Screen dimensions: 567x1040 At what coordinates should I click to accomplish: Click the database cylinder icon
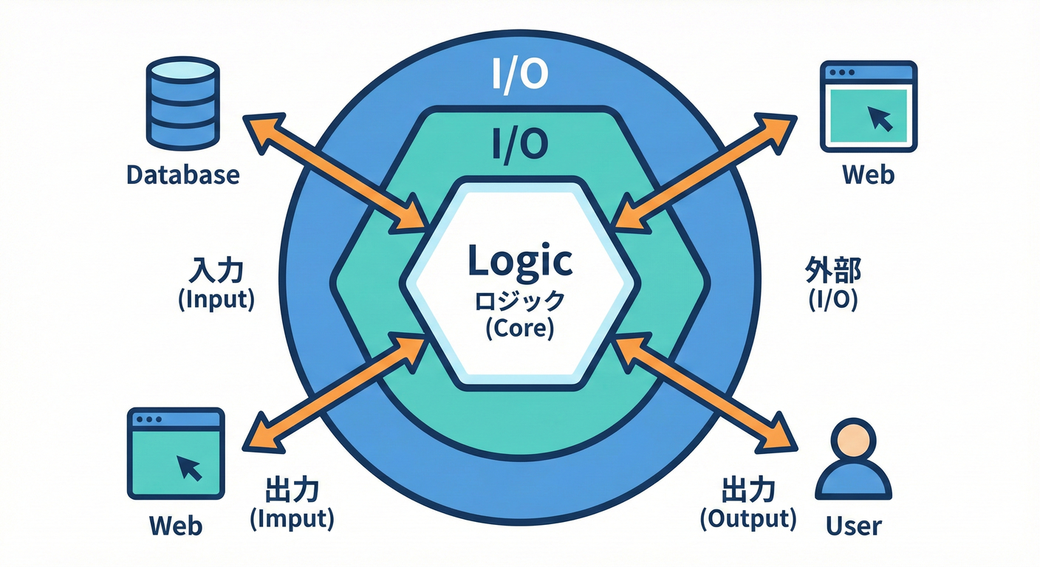[183, 105]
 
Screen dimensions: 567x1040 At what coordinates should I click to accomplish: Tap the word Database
[183, 175]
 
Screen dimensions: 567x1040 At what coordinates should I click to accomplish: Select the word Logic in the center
[520, 260]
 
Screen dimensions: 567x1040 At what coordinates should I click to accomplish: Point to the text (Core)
[520, 328]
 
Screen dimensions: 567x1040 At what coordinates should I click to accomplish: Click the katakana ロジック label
[520, 300]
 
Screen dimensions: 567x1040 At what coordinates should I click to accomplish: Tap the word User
[854, 526]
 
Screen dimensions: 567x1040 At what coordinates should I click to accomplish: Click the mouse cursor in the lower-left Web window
[190, 467]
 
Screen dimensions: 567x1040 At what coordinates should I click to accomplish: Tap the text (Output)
[747, 518]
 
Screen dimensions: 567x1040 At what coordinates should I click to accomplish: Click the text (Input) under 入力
[216, 300]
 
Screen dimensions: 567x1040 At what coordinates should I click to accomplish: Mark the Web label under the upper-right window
[868, 175]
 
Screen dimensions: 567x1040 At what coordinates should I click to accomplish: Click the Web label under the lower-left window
[176, 526]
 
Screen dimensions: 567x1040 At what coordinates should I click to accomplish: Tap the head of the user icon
[854, 439]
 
